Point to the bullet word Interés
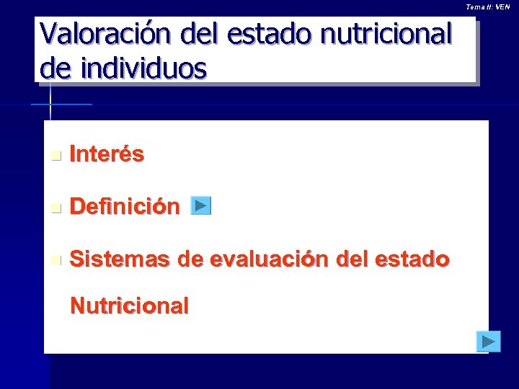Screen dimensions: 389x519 click(107, 153)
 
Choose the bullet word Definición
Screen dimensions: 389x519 click(125, 207)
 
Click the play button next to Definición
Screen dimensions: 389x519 click(201, 206)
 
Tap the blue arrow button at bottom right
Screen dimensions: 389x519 click(488, 341)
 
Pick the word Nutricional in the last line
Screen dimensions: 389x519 click(129, 305)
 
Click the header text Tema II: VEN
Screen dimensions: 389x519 click(488, 6)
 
